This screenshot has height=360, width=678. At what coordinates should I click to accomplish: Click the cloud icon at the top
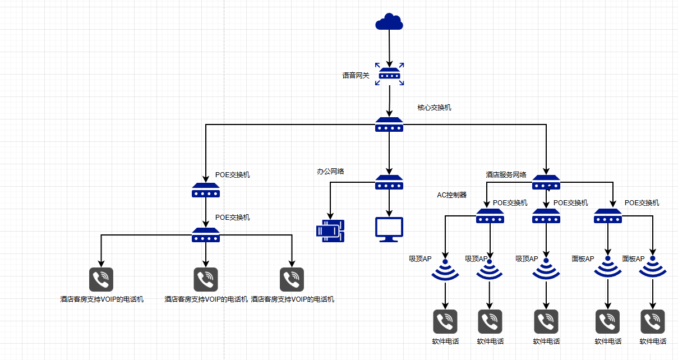click(389, 22)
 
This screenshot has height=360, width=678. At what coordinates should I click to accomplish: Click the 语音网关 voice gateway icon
click(389, 75)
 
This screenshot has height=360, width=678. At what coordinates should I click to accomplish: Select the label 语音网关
click(356, 75)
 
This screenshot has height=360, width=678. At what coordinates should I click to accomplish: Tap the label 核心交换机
click(434, 107)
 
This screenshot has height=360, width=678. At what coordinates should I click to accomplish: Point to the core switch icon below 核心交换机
click(389, 125)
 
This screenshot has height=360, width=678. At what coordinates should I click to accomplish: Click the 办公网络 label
click(330, 171)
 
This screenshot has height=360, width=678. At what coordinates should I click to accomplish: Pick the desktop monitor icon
click(389, 229)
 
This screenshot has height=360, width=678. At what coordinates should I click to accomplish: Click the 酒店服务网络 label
click(506, 174)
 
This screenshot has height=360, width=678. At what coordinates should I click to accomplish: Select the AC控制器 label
click(452, 195)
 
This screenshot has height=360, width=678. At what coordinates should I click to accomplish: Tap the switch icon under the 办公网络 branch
click(389, 182)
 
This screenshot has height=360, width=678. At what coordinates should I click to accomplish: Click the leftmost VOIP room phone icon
click(102, 279)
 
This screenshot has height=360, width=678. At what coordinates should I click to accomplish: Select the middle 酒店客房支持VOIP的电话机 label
click(206, 299)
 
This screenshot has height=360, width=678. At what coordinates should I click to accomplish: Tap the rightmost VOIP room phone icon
click(292, 279)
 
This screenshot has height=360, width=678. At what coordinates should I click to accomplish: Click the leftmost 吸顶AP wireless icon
click(445, 269)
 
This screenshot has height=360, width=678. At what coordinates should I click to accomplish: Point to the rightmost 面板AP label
click(633, 259)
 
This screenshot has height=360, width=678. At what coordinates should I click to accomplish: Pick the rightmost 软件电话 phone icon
click(653, 321)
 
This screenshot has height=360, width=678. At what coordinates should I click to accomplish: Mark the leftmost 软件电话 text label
click(445, 341)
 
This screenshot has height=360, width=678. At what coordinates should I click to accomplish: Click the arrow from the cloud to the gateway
click(389, 48)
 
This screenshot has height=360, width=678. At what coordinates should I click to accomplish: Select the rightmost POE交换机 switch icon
click(608, 216)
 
